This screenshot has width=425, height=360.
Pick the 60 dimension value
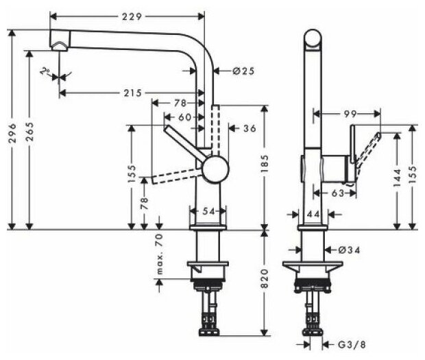[184, 117]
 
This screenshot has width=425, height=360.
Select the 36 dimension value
[250, 128]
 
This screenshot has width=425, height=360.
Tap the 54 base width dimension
[206, 211]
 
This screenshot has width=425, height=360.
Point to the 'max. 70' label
[159, 254]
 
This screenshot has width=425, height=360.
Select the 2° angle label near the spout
[46, 71]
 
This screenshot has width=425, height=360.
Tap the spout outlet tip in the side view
[59, 46]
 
